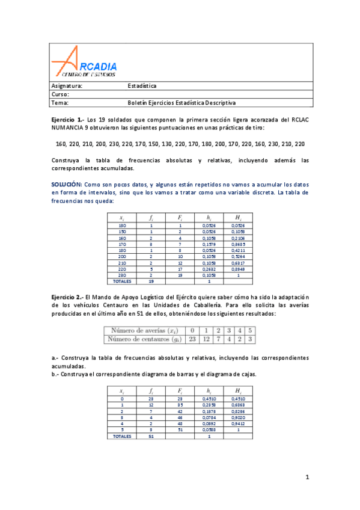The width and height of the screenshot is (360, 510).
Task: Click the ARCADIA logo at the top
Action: [84, 63]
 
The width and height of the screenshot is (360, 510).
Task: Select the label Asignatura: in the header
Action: [67, 86]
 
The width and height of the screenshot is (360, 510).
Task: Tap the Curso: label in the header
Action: [61, 94]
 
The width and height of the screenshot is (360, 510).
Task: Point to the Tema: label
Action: [60, 103]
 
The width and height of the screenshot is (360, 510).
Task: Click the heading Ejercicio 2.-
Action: [67, 296]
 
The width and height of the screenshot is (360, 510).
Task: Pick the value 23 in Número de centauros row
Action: [192, 339]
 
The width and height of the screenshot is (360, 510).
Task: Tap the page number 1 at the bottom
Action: [307, 478]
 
